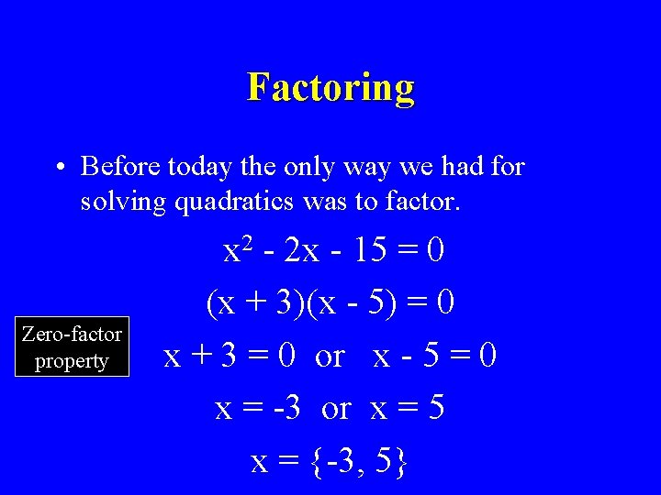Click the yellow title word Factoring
(x=330, y=87)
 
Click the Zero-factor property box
(x=72, y=347)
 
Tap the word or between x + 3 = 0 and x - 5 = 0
(x=329, y=355)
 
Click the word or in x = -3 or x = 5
(x=336, y=407)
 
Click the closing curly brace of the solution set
(x=401, y=462)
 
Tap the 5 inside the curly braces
(x=384, y=461)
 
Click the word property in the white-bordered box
(x=72, y=361)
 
